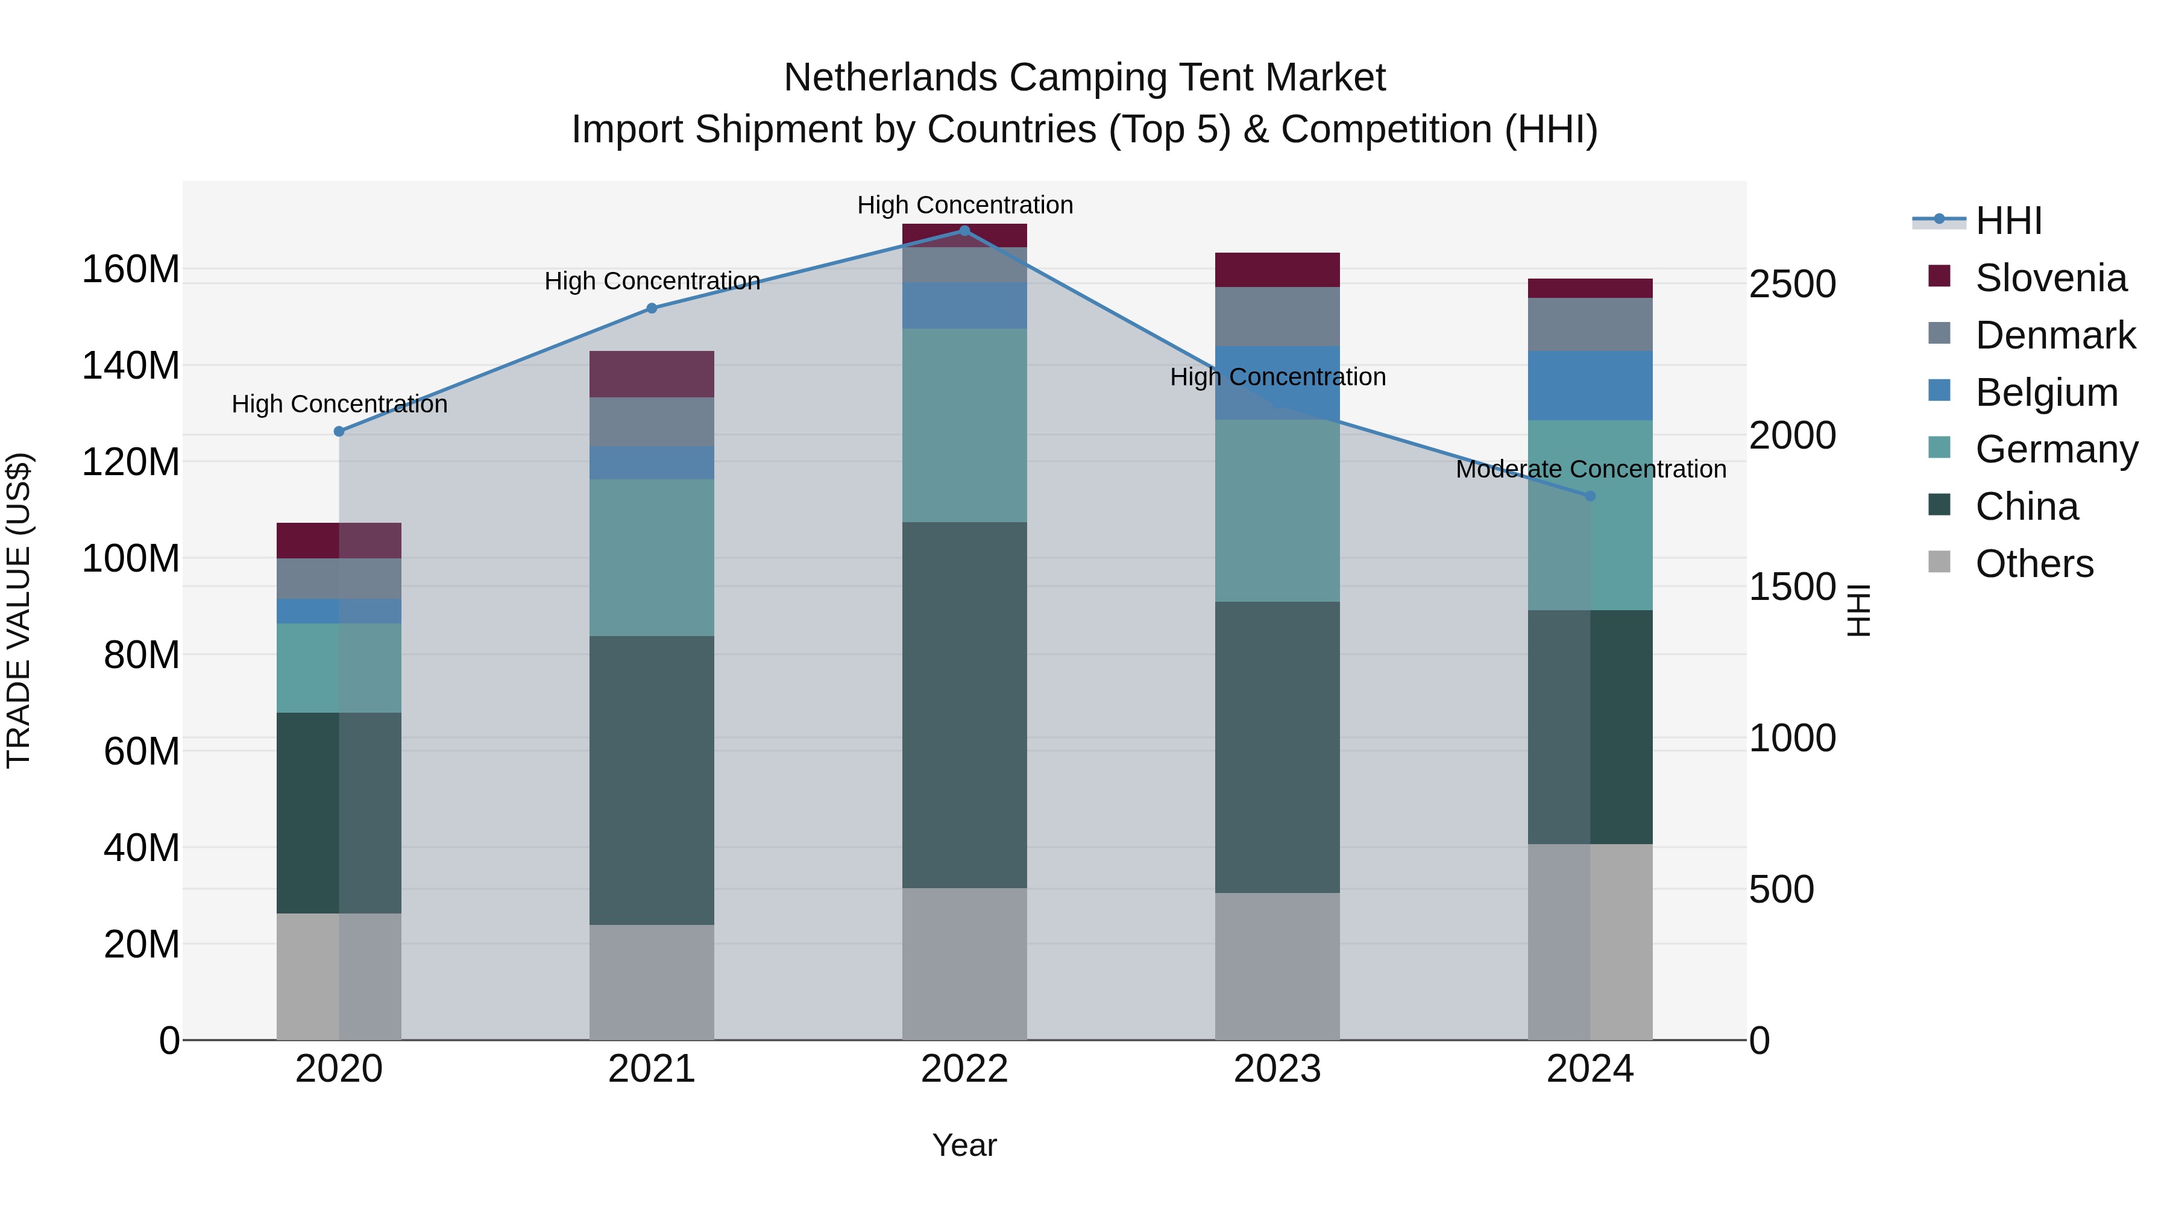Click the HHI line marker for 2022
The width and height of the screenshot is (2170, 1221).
(x=964, y=230)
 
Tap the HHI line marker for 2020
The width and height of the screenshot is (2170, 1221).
(x=339, y=432)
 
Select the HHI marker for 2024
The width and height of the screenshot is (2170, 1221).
(x=1591, y=496)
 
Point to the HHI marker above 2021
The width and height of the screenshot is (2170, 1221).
(x=651, y=308)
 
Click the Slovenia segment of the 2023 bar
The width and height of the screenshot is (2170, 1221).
(x=1277, y=270)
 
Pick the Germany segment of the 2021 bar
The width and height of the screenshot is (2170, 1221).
(x=651, y=557)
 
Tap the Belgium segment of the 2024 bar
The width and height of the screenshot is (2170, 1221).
(x=1591, y=385)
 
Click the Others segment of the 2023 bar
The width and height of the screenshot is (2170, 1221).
(x=1277, y=966)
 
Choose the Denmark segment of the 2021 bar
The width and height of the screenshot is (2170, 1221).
(x=651, y=421)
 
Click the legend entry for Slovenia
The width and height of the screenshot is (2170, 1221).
(x=2051, y=278)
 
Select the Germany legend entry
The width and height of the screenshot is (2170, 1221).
(x=2055, y=449)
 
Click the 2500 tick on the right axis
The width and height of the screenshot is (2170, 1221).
(x=1792, y=284)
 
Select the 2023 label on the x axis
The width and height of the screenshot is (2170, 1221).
(x=1277, y=1069)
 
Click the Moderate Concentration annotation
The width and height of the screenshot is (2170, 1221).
(x=1591, y=469)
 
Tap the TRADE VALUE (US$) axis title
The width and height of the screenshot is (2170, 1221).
(x=19, y=610)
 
